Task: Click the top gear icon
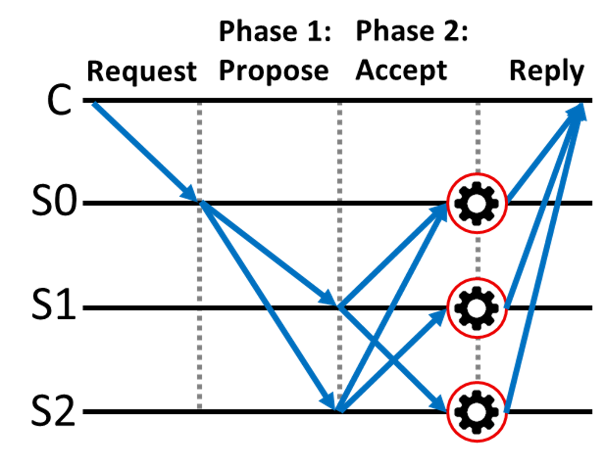point(476,203)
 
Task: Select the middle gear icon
point(476,308)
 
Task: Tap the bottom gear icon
point(476,412)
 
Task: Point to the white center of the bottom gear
point(476,412)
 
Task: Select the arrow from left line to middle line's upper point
point(267,252)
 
